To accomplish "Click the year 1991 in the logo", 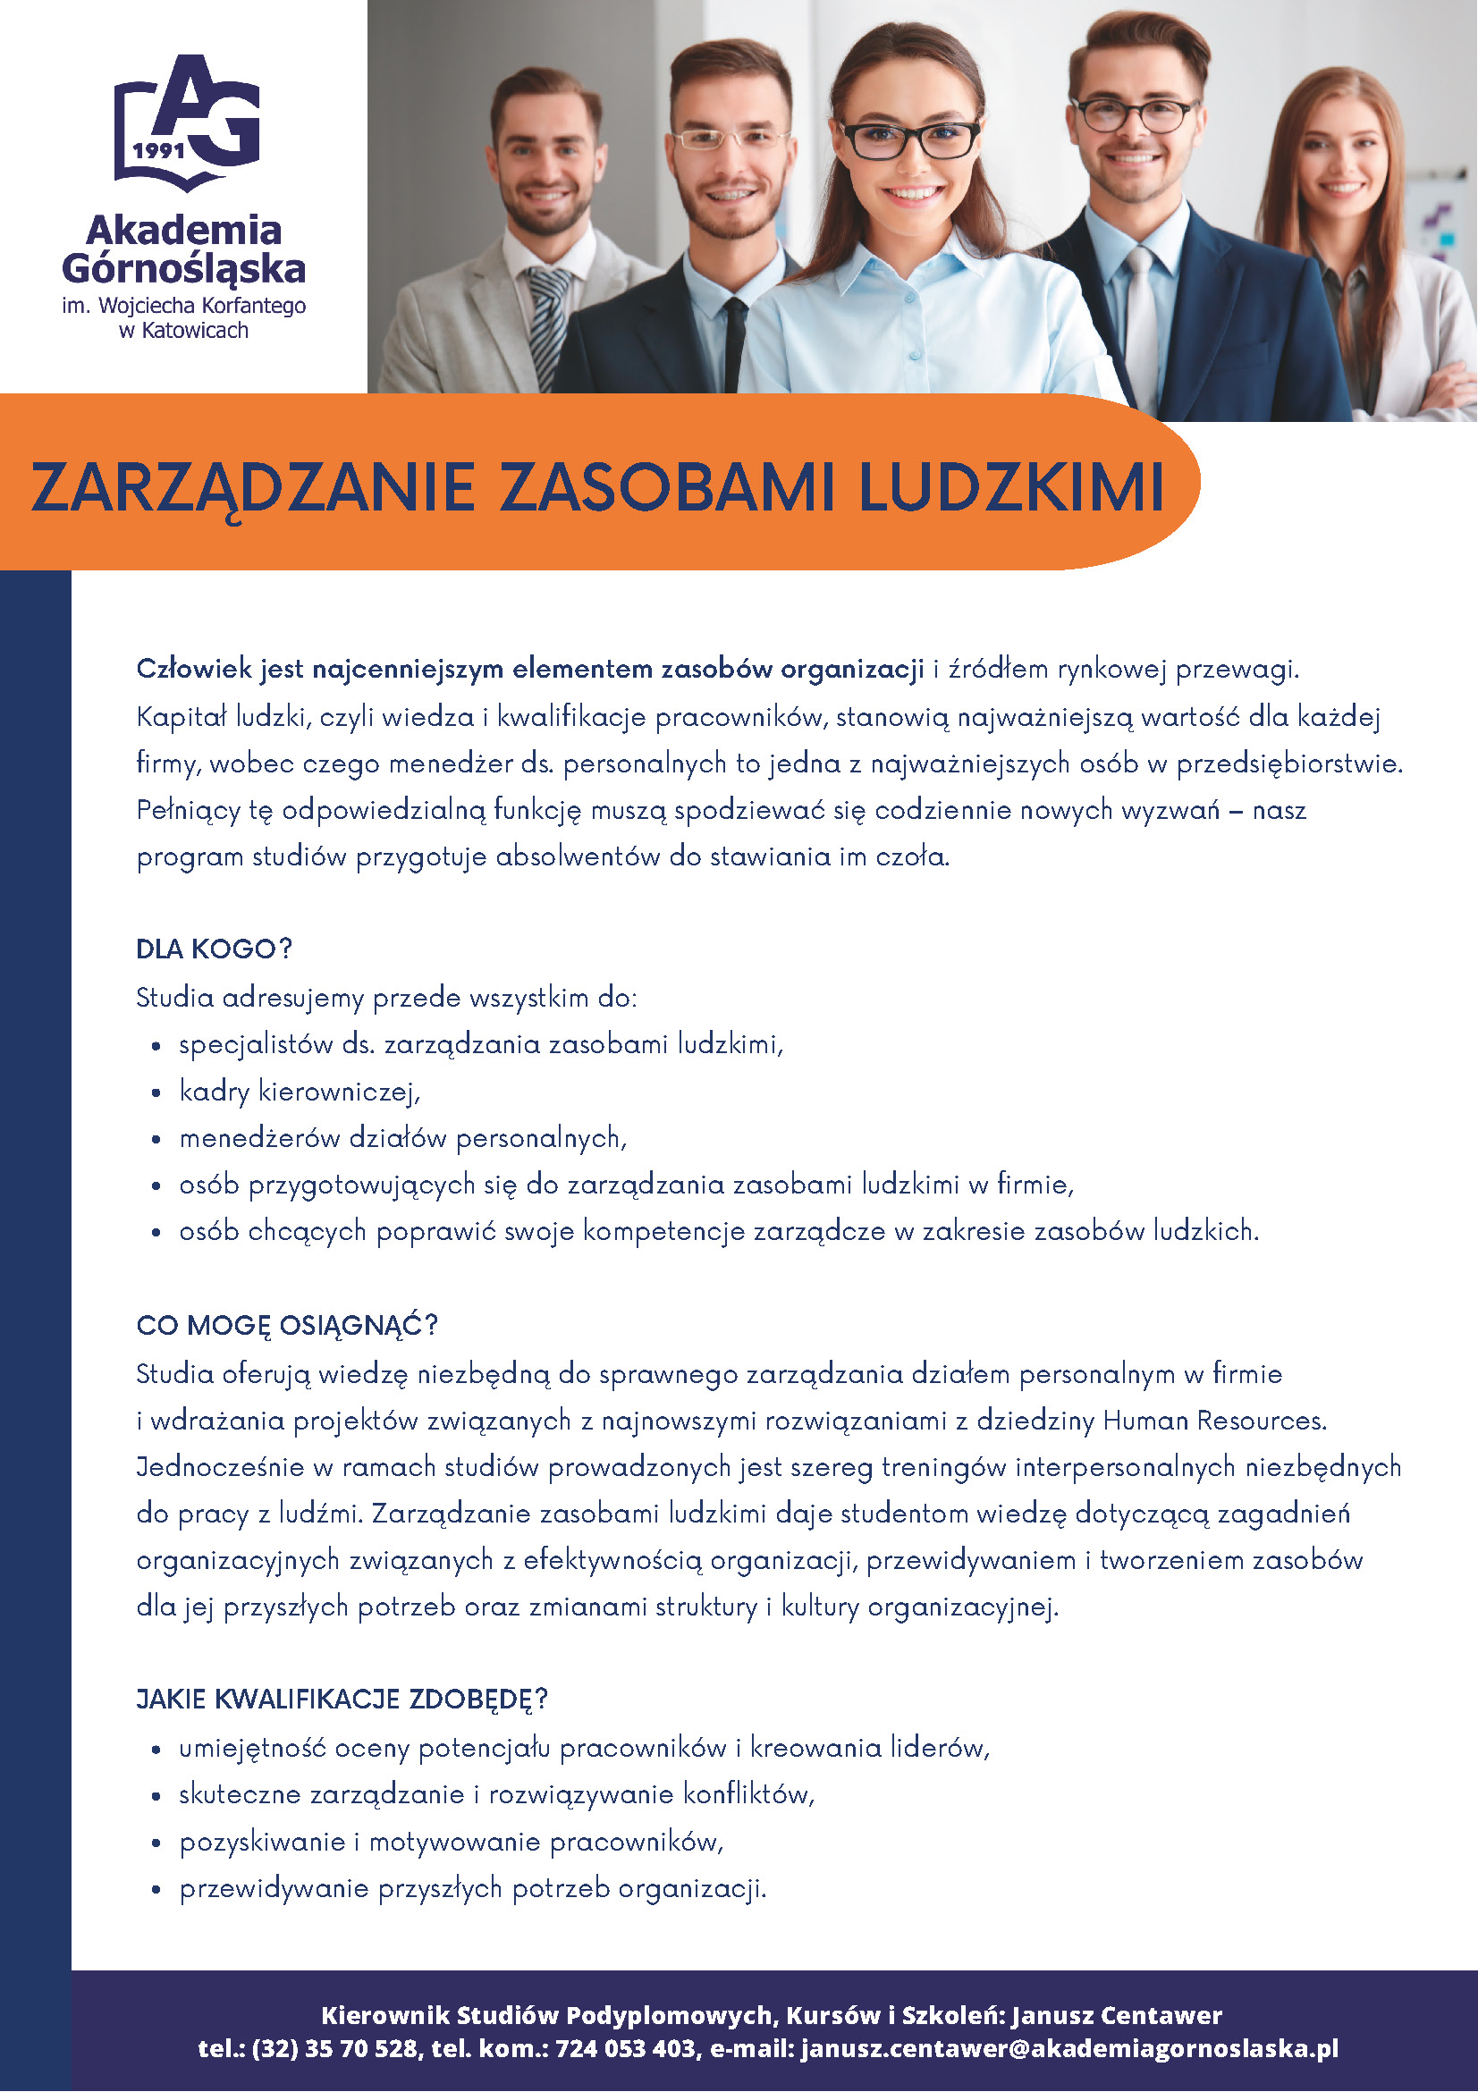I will tap(158, 150).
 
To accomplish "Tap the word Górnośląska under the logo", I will tap(183, 269).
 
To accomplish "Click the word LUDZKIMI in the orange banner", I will tap(1010, 487).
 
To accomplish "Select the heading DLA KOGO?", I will tap(214, 949).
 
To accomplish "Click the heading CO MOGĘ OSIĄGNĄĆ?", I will tap(287, 1325).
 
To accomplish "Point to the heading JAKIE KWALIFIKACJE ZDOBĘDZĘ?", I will tap(342, 1700).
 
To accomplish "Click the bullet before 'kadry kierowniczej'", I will tap(156, 1092).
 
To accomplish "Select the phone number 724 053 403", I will tap(625, 2049).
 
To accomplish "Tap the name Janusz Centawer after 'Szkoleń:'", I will tap(1116, 2014).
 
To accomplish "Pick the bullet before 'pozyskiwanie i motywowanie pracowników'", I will tap(156, 1843).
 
